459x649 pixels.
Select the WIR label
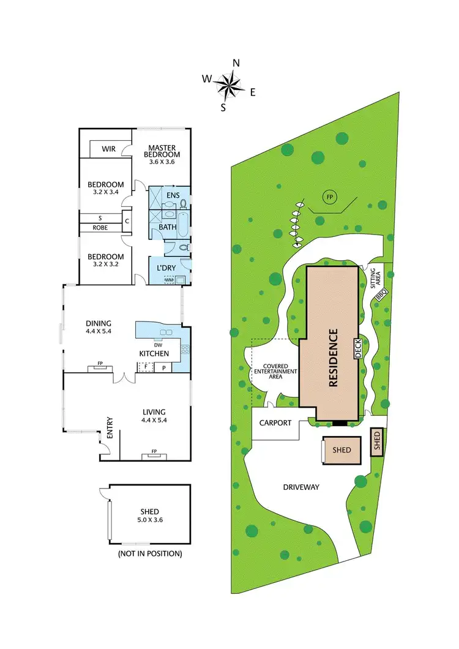click(x=109, y=149)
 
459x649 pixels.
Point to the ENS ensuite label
click(x=173, y=196)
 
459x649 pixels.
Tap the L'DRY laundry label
click(x=167, y=268)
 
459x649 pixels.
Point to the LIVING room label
click(x=153, y=411)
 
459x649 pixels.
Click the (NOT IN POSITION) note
click(x=150, y=553)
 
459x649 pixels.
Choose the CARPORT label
click(x=274, y=422)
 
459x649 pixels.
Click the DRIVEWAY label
click(x=302, y=487)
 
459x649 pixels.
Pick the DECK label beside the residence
click(x=359, y=348)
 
